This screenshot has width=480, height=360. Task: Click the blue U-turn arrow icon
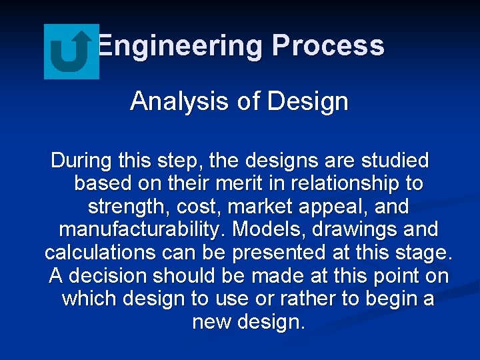click(71, 52)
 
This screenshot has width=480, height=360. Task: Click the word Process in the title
click(328, 46)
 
